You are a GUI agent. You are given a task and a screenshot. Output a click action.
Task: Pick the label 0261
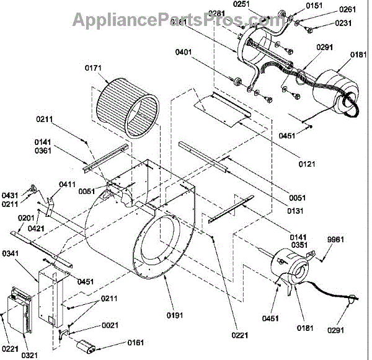pos(347,11)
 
